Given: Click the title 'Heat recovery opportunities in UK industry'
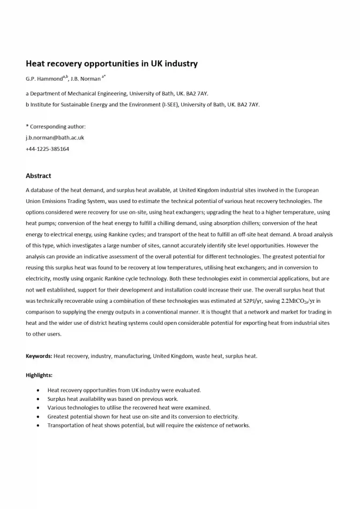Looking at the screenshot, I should [112, 64].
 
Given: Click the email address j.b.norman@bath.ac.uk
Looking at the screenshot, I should [54, 138].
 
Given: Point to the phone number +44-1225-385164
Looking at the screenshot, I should [47, 149].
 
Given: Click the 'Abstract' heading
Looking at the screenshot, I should [38, 176].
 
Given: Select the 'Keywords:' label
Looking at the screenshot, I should [39, 356].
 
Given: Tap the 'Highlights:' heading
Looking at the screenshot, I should [39, 375].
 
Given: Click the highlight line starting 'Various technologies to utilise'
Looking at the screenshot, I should [129, 408].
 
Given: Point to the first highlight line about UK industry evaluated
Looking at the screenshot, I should [124, 390].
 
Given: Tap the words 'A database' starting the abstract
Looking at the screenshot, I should [37, 190].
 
